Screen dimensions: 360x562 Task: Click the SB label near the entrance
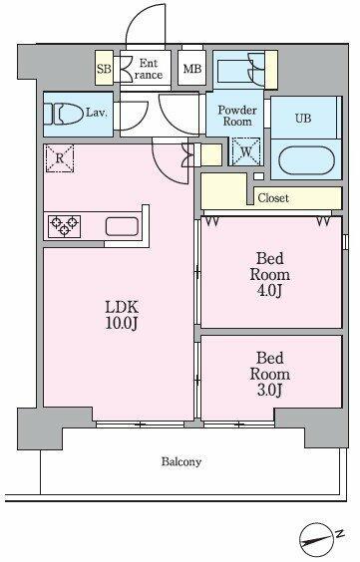[x=104, y=68]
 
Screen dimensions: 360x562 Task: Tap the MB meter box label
[x=192, y=69]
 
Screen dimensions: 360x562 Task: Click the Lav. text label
[x=97, y=113]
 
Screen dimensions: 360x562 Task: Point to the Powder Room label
[x=237, y=116]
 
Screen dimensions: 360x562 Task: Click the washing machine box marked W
[x=246, y=151]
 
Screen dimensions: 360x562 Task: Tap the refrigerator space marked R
[x=60, y=158]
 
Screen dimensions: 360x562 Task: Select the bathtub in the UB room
[x=306, y=160]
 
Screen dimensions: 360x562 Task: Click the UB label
[x=303, y=118]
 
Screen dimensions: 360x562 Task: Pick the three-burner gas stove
[x=64, y=226]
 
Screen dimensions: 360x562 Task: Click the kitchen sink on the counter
[x=122, y=226]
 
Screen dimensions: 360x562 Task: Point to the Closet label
[x=273, y=198]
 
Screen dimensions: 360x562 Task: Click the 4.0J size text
[x=269, y=291]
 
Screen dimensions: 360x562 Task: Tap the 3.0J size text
[x=269, y=390]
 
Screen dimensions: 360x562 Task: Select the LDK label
[x=122, y=307]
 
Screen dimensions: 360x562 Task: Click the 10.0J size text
[x=122, y=323]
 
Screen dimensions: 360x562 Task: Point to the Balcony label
[x=181, y=461]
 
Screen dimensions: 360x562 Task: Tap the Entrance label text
[x=148, y=69]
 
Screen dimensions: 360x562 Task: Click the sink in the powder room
[x=233, y=70]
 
